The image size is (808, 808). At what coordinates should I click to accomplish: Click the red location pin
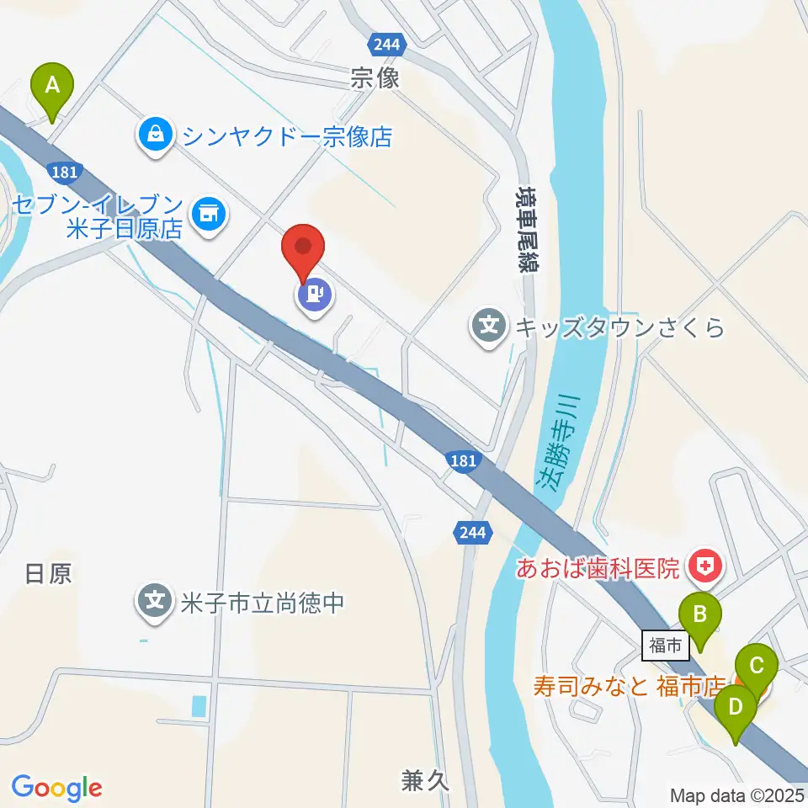tap(304, 250)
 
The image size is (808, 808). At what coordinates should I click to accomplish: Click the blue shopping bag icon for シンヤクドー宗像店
tap(156, 133)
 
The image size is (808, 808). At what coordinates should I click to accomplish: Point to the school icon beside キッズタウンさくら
tap(489, 325)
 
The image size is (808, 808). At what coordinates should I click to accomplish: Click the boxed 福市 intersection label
tap(664, 646)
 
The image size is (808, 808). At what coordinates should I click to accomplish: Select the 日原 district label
tap(49, 574)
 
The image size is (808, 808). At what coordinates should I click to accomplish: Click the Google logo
tap(56, 788)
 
